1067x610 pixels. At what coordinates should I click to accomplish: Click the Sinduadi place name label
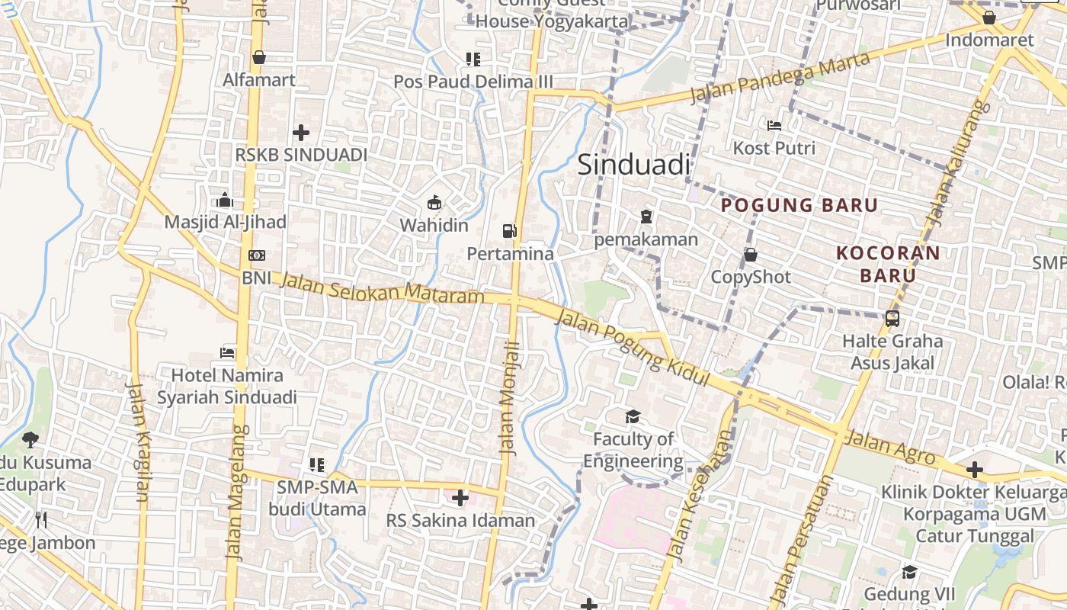click(x=633, y=165)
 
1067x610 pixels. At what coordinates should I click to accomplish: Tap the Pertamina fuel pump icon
click(x=509, y=230)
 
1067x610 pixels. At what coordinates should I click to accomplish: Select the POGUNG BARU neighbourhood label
click(x=799, y=205)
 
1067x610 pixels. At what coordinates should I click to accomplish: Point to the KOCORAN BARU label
click(x=888, y=264)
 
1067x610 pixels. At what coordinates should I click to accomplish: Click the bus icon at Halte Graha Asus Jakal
click(x=892, y=319)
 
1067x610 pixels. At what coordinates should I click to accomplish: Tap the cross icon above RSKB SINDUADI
click(x=301, y=133)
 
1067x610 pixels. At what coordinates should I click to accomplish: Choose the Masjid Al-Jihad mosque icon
click(x=225, y=201)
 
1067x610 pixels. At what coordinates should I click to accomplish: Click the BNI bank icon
click(x=257, y=255)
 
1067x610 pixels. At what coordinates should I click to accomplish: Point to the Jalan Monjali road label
click(x=510, y=398)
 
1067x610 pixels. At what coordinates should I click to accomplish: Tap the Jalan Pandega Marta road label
click(x=779, y=78)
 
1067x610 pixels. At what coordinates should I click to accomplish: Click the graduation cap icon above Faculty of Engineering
click(x=633, y=416)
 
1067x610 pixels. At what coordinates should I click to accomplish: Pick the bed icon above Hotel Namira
click(x=227, y=352)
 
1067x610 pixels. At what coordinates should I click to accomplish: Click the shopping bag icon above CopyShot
click(x=751, y=255)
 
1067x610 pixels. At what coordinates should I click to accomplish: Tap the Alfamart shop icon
click(x=259, y=57)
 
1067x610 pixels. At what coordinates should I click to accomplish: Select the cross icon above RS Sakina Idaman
click(x=460, y=498)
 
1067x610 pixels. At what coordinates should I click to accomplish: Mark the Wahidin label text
click(x=434, y=226)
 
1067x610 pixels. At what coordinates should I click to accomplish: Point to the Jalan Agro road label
click(x=890, y=448)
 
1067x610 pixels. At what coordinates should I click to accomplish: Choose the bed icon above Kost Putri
click(x=774, y=125)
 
